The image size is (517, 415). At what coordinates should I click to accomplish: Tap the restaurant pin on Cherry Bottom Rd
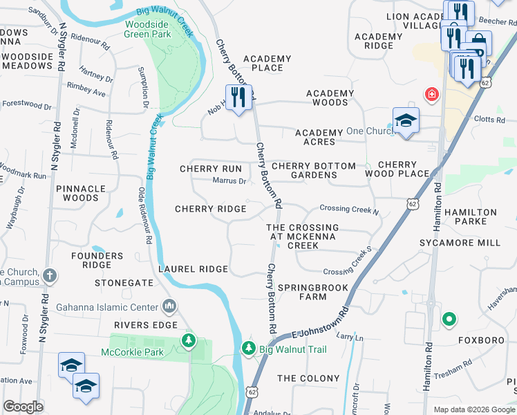coord(238,97)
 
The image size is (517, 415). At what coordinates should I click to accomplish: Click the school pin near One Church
coord(406,120)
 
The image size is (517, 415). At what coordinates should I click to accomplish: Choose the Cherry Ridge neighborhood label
coord(211,209)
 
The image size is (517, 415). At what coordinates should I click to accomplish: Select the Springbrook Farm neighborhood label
coord(303,291)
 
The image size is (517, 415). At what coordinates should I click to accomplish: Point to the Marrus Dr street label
coord(229,181)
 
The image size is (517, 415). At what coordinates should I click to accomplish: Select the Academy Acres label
coord(319,137)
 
